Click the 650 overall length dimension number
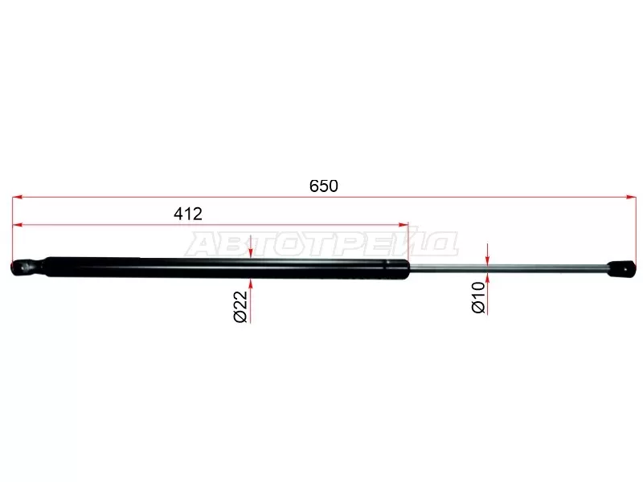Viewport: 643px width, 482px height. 324,186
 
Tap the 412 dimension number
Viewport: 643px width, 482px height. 188,214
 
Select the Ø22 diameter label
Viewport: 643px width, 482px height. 240,306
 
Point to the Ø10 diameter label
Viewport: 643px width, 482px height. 478,297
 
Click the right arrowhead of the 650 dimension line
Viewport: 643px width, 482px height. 632,198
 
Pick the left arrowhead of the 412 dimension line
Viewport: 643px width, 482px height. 17,225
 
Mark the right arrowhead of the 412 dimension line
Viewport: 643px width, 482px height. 404,225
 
